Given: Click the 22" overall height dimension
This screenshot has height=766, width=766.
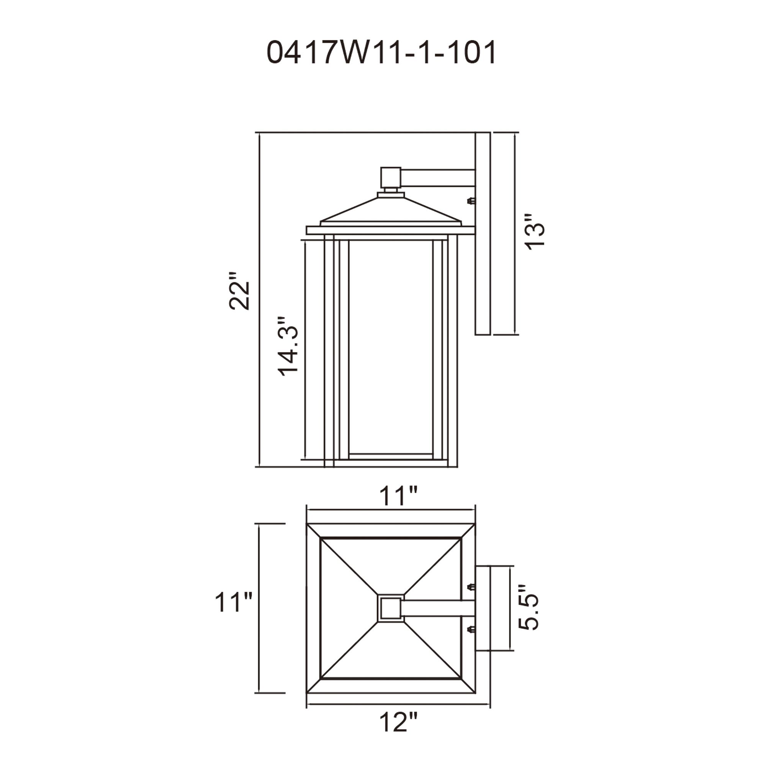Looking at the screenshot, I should (239, 291).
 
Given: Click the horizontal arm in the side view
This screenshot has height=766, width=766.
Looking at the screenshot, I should (438, 178).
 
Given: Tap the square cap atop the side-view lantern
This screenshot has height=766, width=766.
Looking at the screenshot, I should (391, 177).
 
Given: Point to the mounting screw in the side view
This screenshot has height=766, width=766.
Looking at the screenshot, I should (471, 201).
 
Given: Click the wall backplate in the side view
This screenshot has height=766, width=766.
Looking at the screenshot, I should (483, 234).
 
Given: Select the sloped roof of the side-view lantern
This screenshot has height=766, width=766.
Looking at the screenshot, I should (391, 210).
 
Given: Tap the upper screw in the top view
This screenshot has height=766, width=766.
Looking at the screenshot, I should (471, 587).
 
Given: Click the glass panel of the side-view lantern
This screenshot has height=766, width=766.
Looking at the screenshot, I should (391, 349).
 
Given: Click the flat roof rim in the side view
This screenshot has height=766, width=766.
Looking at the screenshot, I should (391, 230).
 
